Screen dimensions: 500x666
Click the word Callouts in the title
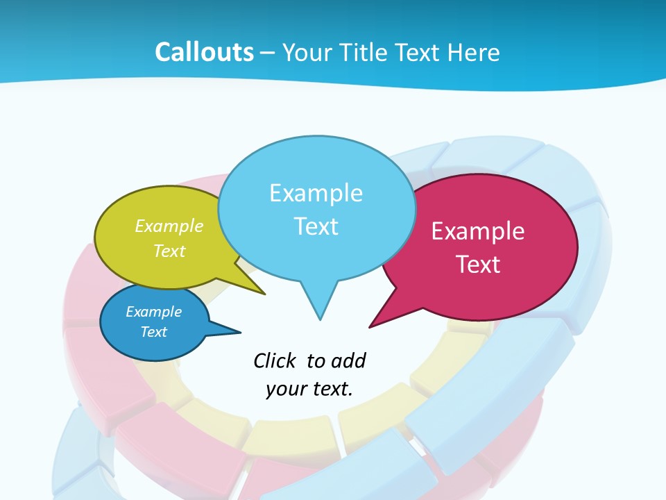pyautogui.click(x=204, y=52)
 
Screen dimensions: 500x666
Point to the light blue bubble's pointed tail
pyautogui.click(x=319, y=306)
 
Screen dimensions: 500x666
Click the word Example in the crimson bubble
pyautogui.click(x=478, y=231)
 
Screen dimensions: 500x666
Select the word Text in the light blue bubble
pyautogui.click(x=316, y=226)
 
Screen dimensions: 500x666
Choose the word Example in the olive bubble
pyautogui.click(x=169, y=226)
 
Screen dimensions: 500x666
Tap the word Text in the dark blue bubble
pyautogui.click(x=153, y=332)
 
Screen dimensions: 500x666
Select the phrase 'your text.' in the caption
pyautogui.click(x=309, y=389)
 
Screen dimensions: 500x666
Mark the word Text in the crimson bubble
pyautogui.click(x=478, y=265)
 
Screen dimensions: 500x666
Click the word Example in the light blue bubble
pyautogui.click(x=316, y=193)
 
